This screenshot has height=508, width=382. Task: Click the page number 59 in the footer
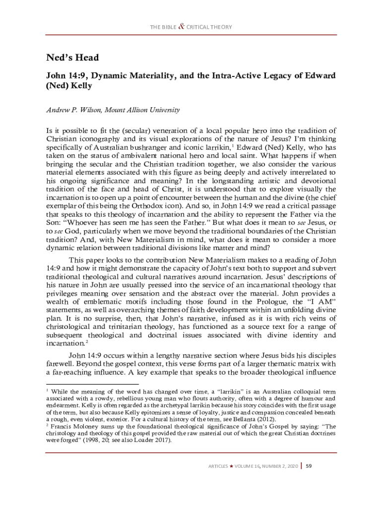pos(308,466)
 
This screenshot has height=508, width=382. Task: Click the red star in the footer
pos(231,466)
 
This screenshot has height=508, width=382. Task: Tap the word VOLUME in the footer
pos(245,466)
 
